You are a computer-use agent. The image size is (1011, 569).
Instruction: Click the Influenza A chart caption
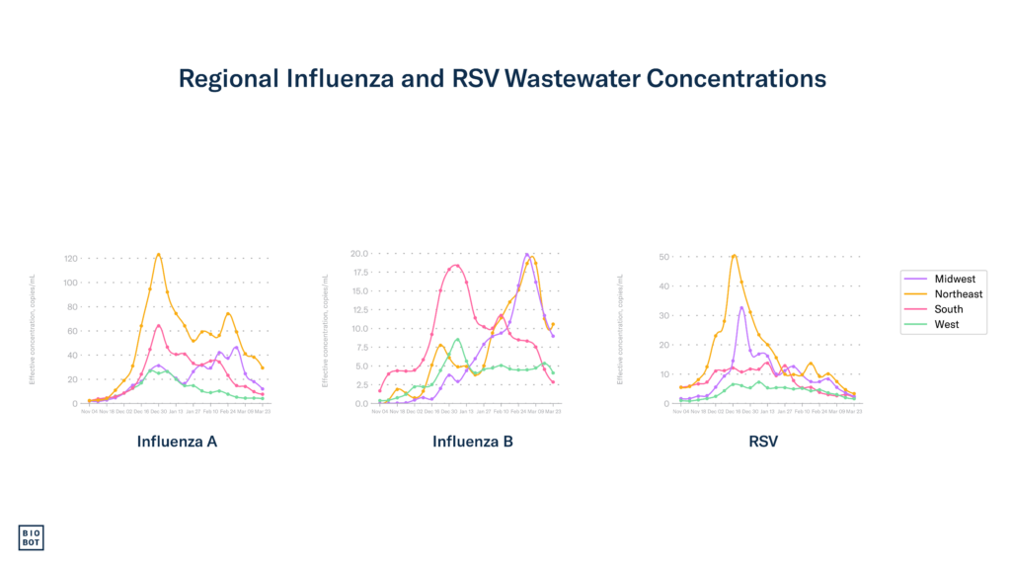pyautogui.click(x=177, y=442)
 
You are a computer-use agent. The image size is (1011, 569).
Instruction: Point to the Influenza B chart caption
pyautogui.click(x=473, y=442)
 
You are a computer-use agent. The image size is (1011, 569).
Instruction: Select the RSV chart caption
pyautogui.click(x=763, y=442)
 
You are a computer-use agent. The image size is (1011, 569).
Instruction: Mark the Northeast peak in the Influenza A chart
pyautogui.click(x=159, y=253)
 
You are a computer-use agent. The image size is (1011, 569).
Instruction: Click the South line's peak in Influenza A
pyautogui.click(x=159, y=324)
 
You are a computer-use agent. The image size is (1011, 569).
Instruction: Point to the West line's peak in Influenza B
pyautogui.click(x=456, y=339)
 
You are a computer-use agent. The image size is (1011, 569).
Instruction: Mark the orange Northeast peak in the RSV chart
pyautogui.click(x=734, y=255)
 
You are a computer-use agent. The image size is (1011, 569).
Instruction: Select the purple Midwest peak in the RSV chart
pyautogui.click(x=741, y=306)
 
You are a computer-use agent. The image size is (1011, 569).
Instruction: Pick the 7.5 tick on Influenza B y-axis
pyautogui.click(x=361, y=347)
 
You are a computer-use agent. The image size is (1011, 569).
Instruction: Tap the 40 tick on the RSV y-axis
pyautogui.click(x=664, y=286)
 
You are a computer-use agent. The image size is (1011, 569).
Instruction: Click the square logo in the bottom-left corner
pyautogui.click(x=32, y=536)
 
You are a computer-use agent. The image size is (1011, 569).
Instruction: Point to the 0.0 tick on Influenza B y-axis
pyautogui.click(x=362, y=403)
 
